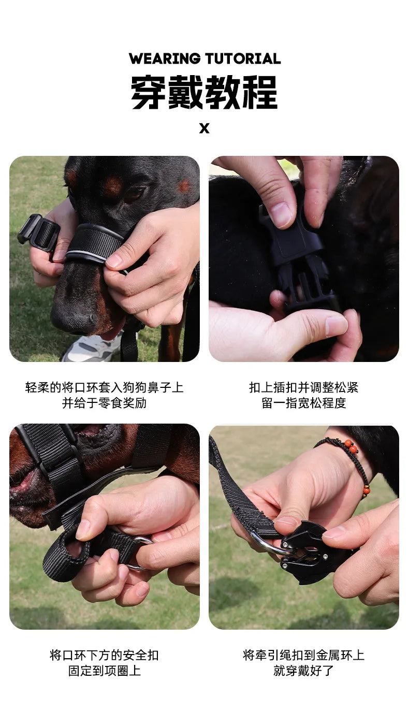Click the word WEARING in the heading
point(165,59)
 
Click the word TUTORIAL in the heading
point(242,59)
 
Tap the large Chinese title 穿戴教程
point(204,92)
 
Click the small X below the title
point(204,128)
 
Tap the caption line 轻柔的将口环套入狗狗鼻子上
point(104,387)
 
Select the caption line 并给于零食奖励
point(104,403)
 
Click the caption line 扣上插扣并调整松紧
point(303,387)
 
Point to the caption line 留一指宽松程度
point(303,403)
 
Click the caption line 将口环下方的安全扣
point(104,655)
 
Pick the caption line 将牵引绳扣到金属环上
point(303,655)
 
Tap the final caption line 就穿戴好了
point(303,671)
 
